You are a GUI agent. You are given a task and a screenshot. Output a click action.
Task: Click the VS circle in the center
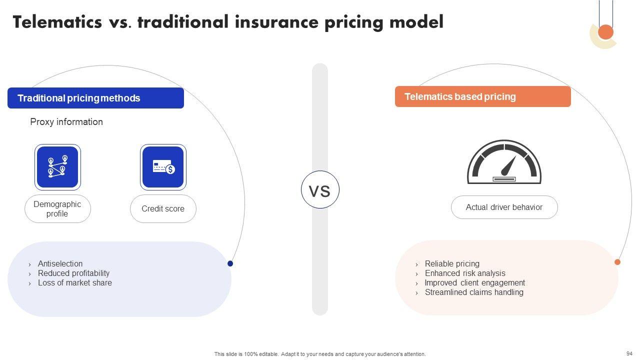pos(320,189)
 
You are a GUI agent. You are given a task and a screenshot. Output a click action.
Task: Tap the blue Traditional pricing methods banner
pos(95,98)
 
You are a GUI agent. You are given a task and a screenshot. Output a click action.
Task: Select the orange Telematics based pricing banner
pos(483,96)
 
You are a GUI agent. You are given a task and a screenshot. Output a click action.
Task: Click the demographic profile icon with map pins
pos(57,167)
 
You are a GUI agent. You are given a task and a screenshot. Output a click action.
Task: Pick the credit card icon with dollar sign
pos(163,167)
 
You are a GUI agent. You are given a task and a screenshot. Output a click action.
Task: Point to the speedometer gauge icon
pos(504,161)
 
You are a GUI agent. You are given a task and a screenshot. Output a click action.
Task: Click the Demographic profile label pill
pos(57,209)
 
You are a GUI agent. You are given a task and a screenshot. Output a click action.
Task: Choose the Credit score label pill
pos(163,209)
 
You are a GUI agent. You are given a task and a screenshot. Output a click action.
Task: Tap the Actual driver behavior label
pos(504,207)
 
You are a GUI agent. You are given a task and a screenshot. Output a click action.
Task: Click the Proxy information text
pos(66,122)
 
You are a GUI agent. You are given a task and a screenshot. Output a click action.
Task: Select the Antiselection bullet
pos(60,263)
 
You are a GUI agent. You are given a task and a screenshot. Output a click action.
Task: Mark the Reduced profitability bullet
pos(73,273)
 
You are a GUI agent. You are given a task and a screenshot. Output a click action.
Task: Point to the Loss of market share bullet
pos(75,283)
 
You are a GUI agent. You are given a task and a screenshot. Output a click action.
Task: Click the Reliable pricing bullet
pos(452,263)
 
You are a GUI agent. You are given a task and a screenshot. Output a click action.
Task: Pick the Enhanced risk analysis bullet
pos(465,273)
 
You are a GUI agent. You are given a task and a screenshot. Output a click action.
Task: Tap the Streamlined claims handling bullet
pos(474,292)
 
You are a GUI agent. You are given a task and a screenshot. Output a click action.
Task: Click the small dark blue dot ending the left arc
pos(230,263)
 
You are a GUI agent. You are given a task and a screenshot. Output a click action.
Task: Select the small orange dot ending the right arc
pos(617,262)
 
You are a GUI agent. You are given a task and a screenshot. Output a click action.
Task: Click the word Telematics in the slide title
pos(57,22)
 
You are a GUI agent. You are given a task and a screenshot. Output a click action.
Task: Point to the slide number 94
pos(629,353)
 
